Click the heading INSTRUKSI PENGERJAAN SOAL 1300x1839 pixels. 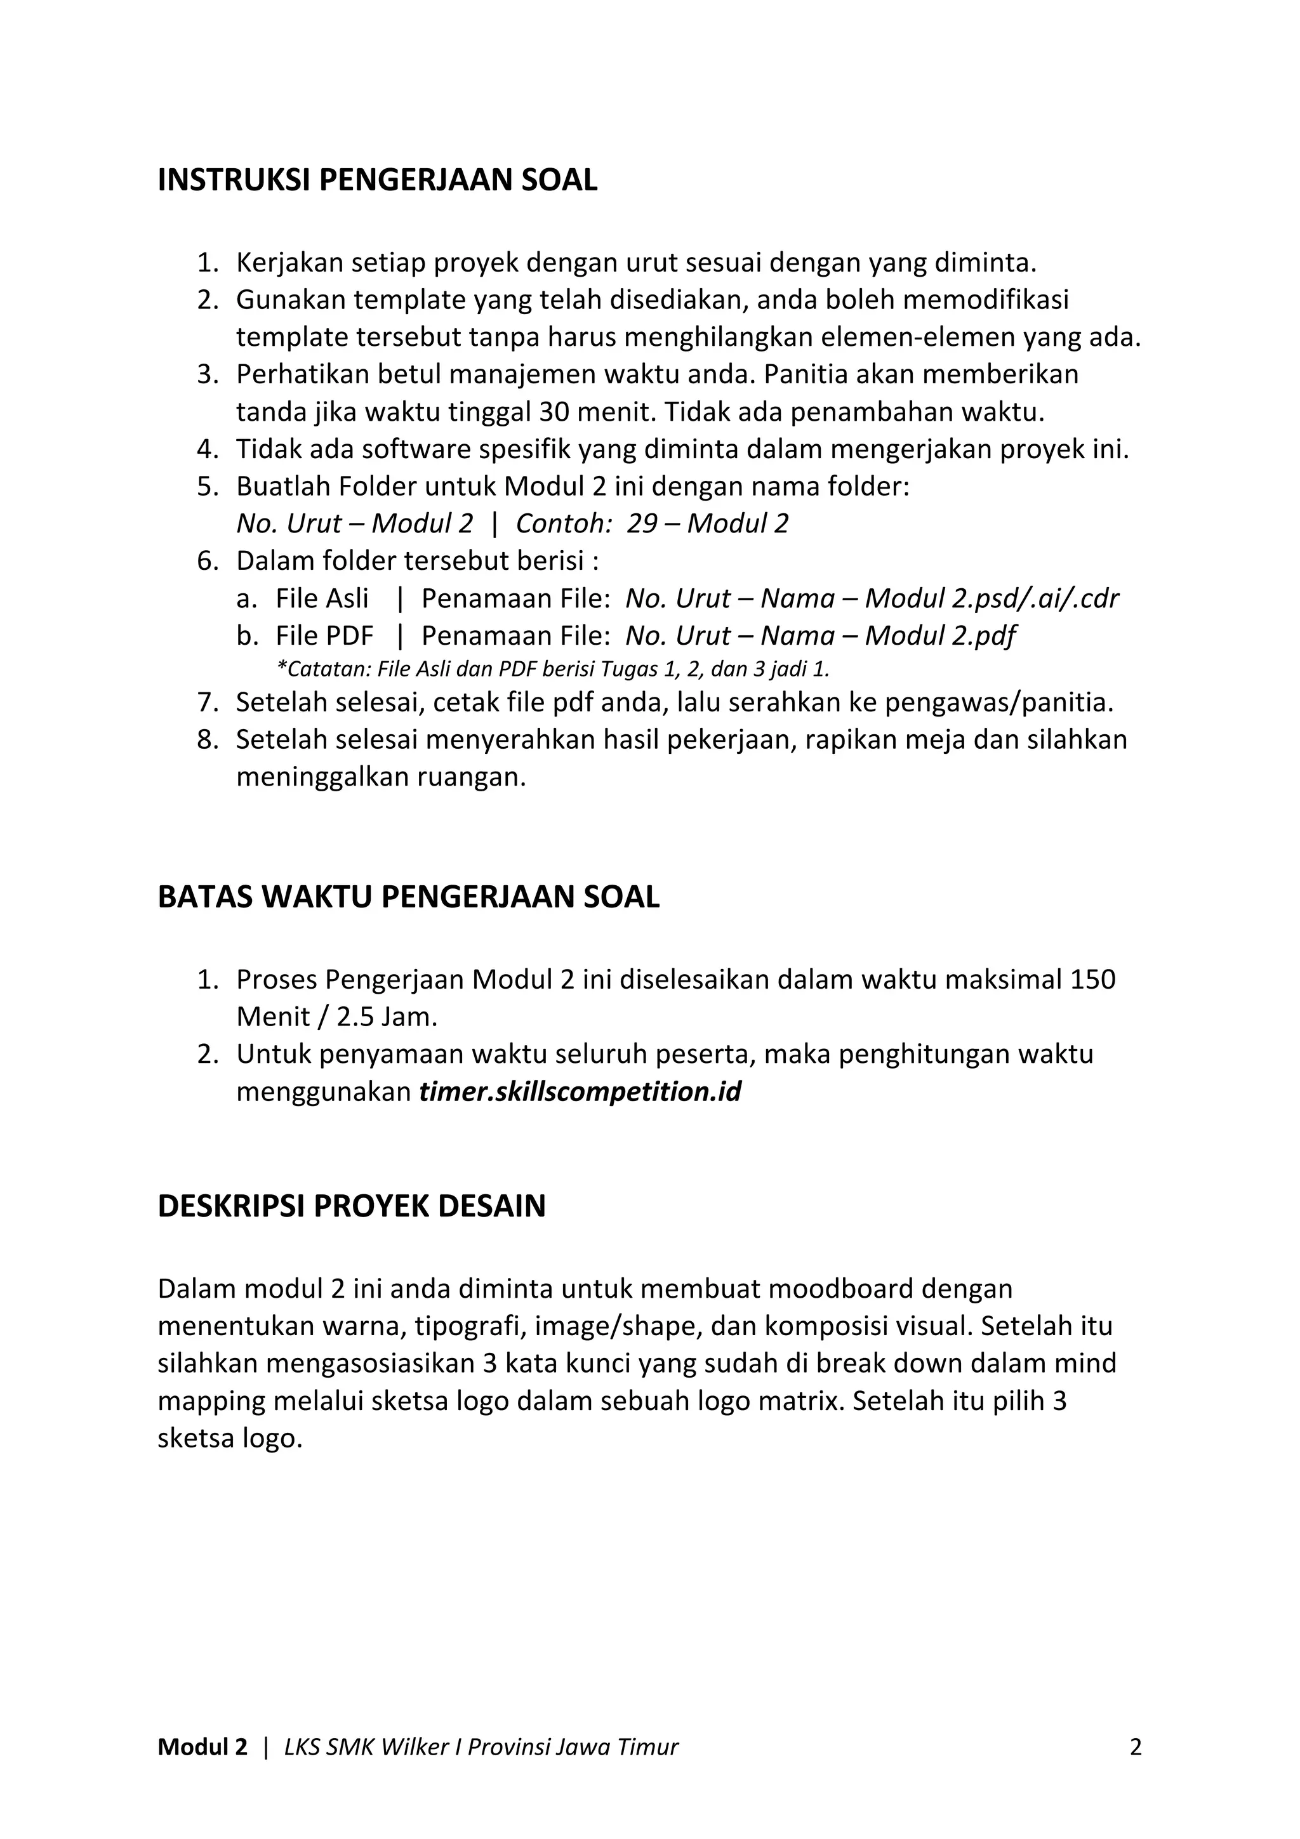(x=377, y=181)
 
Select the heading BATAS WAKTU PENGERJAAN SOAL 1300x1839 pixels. (x=409, y=897)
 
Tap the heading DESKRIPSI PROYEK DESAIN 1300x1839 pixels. (x=352, y=1206)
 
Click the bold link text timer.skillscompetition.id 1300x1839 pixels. (x=580, y=1091)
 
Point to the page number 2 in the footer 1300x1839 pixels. (x=1135, y=1746)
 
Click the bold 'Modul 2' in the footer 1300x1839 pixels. (x=202, y=1747)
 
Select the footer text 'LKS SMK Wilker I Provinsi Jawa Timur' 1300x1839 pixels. (x=481, y=1747)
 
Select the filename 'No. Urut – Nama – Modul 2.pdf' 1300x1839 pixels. (x=820, y=636)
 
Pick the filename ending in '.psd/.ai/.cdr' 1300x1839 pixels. (x=872, y=598)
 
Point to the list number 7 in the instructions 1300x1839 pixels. (x=207, y=703)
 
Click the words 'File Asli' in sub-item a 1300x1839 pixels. (x=322, y=598)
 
